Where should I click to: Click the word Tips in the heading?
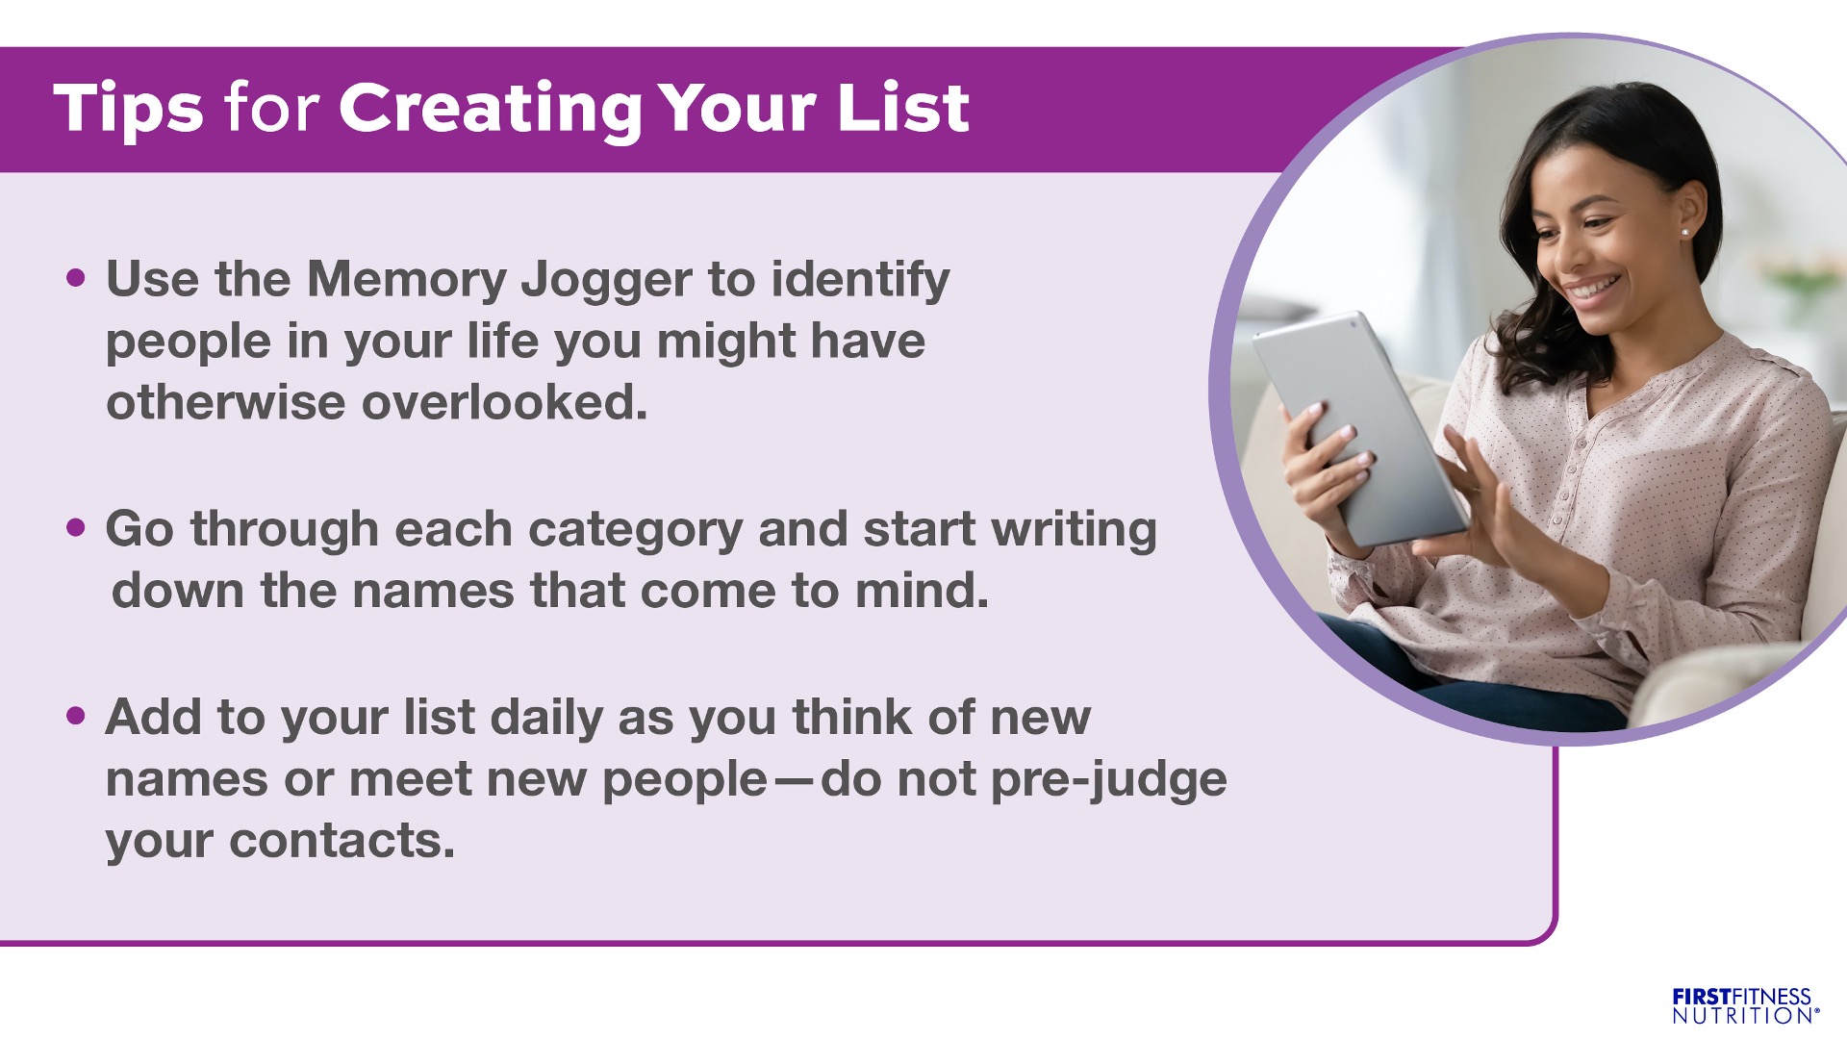tap(128, 109)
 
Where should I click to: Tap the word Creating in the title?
tap(491, 109)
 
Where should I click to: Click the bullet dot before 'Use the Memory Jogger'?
tap(76, 279)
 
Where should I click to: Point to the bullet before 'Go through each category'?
tap(76, 528)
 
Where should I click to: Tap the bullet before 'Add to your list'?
tap(76, 717)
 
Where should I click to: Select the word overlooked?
tap(504, 402)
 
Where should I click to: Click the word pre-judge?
tap(1109, 782)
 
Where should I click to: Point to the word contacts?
tap(342, 841)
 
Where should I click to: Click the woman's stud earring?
tap(1684, 232)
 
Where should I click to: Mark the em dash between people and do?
tap(795, 781)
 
